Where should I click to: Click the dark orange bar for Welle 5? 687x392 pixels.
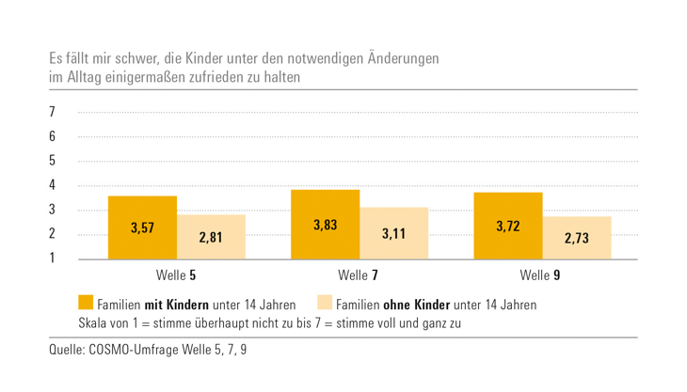141,227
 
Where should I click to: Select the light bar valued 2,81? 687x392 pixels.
211,237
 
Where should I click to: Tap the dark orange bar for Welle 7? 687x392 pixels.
325,225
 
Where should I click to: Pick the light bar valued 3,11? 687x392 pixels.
393,233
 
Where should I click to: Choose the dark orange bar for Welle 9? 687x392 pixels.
508,226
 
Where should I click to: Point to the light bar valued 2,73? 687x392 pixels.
576,238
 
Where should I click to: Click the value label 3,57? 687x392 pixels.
141,228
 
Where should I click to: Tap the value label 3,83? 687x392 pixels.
325,226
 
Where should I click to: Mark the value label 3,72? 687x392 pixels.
508,227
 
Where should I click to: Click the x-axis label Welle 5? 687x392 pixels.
176,275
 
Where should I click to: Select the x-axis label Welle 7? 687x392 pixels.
359,275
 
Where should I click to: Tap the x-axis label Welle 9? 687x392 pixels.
542,275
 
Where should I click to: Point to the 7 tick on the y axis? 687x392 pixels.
53,113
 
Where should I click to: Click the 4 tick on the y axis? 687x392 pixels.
53,185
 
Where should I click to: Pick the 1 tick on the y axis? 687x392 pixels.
53,259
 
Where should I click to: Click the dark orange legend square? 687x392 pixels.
86,304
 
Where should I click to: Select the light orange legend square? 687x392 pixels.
325,304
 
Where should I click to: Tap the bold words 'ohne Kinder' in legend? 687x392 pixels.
417,305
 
